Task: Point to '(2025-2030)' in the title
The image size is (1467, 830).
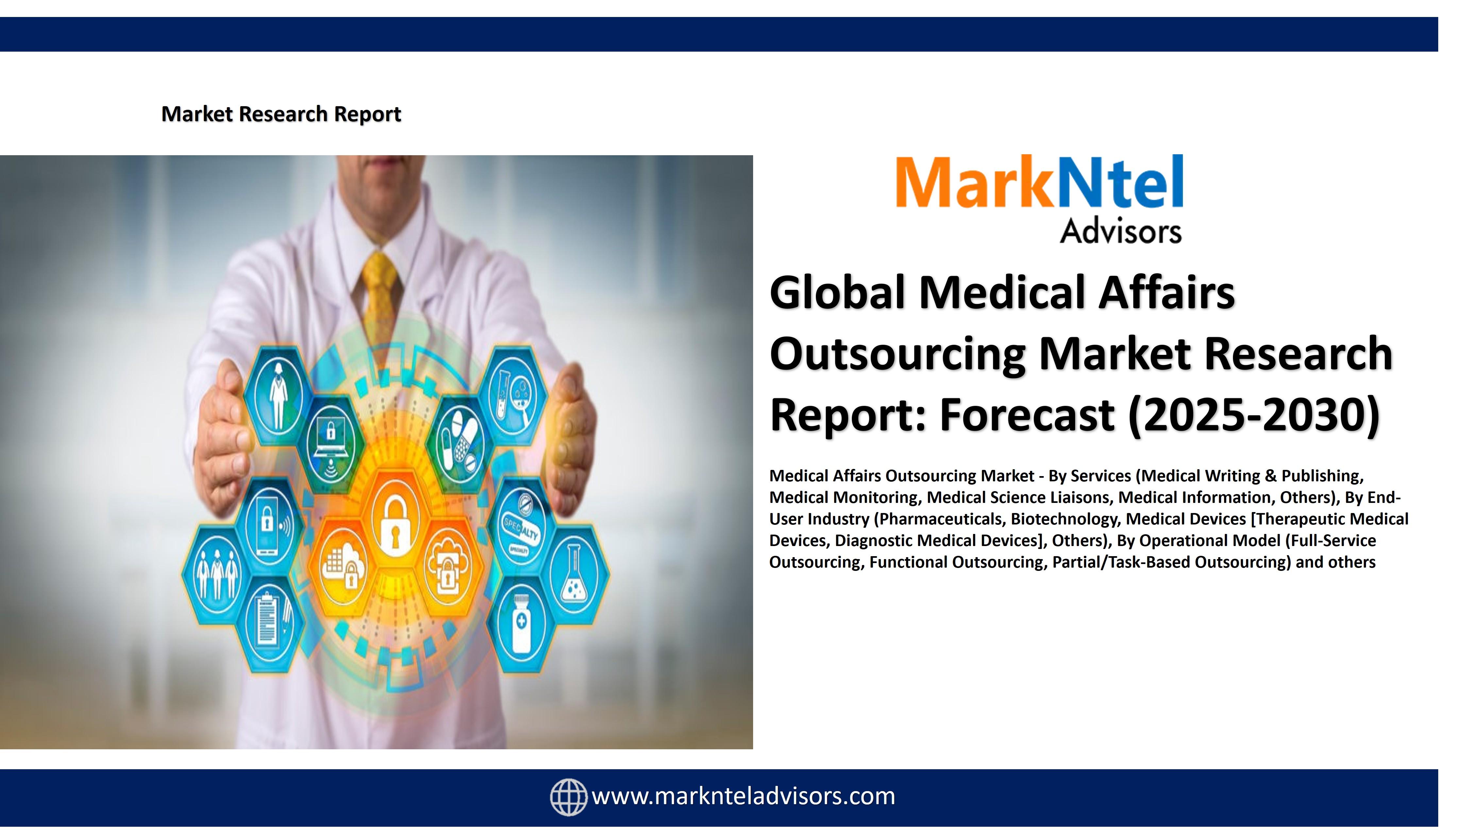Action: pos(1254,415)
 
